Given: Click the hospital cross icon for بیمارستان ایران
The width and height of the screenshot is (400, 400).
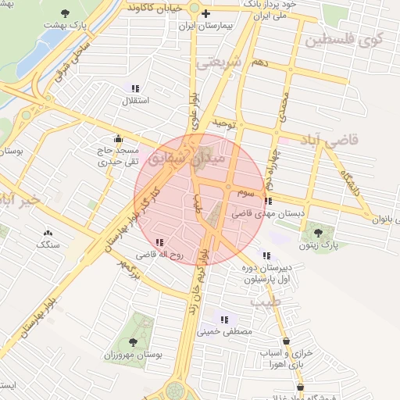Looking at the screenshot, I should [x=205, y=14].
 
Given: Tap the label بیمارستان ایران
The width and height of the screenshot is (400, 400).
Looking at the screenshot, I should [x=206, y=26].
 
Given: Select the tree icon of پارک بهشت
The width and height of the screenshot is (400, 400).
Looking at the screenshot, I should [x=64, y=14].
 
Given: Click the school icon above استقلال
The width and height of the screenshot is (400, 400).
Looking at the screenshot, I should [x=135, y=88].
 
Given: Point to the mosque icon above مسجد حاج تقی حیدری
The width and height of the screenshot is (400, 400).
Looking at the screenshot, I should [x=119, y=137].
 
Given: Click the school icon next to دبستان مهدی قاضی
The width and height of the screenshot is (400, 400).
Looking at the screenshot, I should [x=270, y=201].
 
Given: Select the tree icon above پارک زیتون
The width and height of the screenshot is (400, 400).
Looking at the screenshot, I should [x=317, y=232].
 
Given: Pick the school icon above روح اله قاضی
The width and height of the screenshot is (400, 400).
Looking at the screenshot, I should [x=159, y=243].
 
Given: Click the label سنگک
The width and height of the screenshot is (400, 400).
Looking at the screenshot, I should [x=48, y=245].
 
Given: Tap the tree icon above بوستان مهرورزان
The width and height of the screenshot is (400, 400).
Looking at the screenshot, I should [x=132, y=341].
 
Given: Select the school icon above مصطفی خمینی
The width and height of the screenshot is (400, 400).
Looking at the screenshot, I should [x=225, y=320].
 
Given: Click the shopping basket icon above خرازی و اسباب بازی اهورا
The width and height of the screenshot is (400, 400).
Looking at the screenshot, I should [x=287, y=341].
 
